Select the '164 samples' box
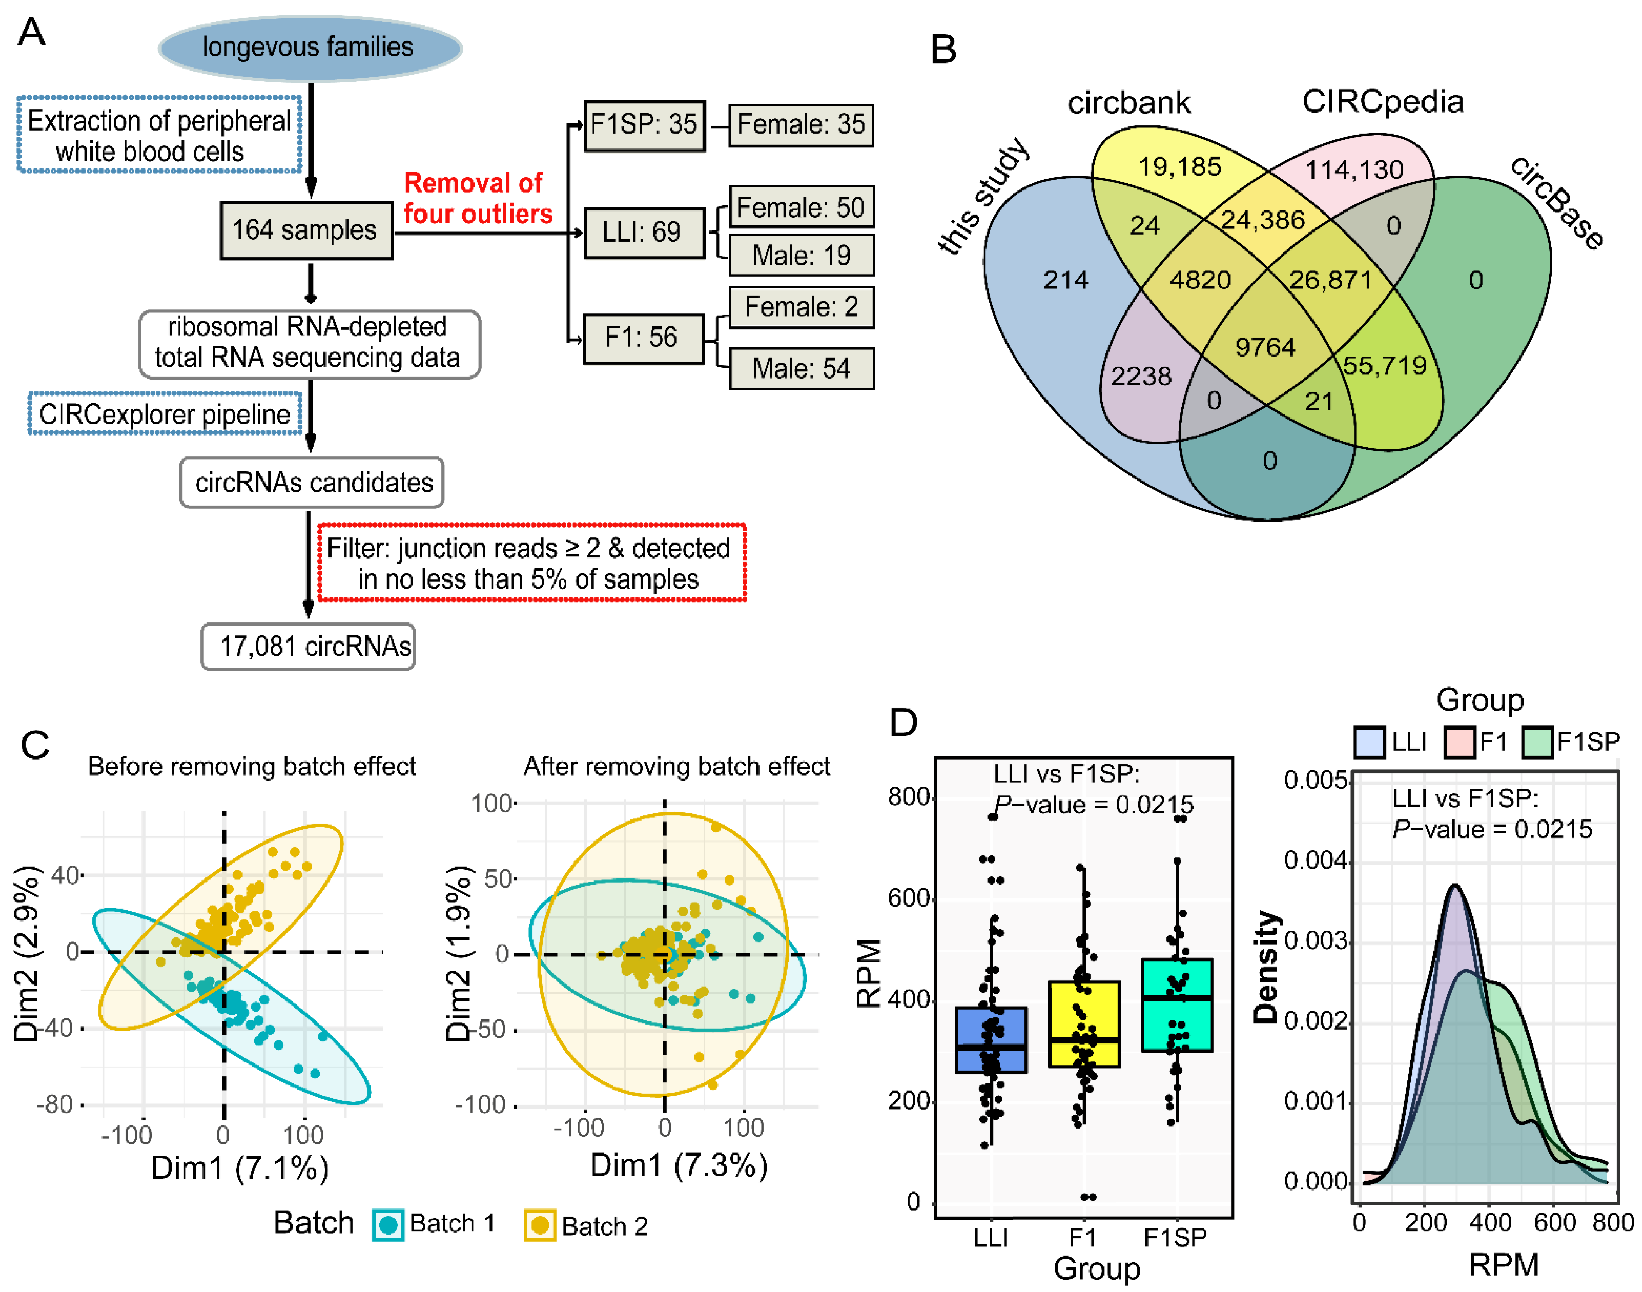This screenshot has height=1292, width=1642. [306, 230]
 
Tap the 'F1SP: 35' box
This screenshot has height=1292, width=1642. [644, 125]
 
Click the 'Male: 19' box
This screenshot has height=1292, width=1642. [801, 256]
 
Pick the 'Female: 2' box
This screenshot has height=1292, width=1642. [801, 307]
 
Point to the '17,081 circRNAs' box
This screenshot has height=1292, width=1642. [308, 646]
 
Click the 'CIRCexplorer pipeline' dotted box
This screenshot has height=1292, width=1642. [164, 414]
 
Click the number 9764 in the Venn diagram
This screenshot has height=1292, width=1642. [1265, 347]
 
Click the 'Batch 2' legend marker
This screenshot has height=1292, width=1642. [539, 1225]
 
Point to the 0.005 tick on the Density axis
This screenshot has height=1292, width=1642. [1315, 780]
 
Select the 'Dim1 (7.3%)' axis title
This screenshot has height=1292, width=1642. [679, 1165]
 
